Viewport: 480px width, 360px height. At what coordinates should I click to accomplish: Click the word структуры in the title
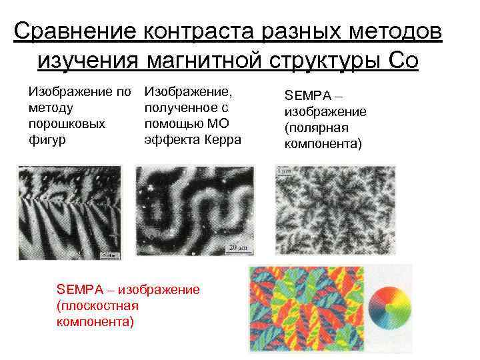coord(326,61)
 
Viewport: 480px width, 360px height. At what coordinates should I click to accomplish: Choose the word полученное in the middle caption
coord(176,107)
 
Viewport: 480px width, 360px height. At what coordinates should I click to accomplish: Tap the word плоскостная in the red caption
coord(98,305)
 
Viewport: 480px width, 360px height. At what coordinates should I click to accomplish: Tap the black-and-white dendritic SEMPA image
coord(335,208)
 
